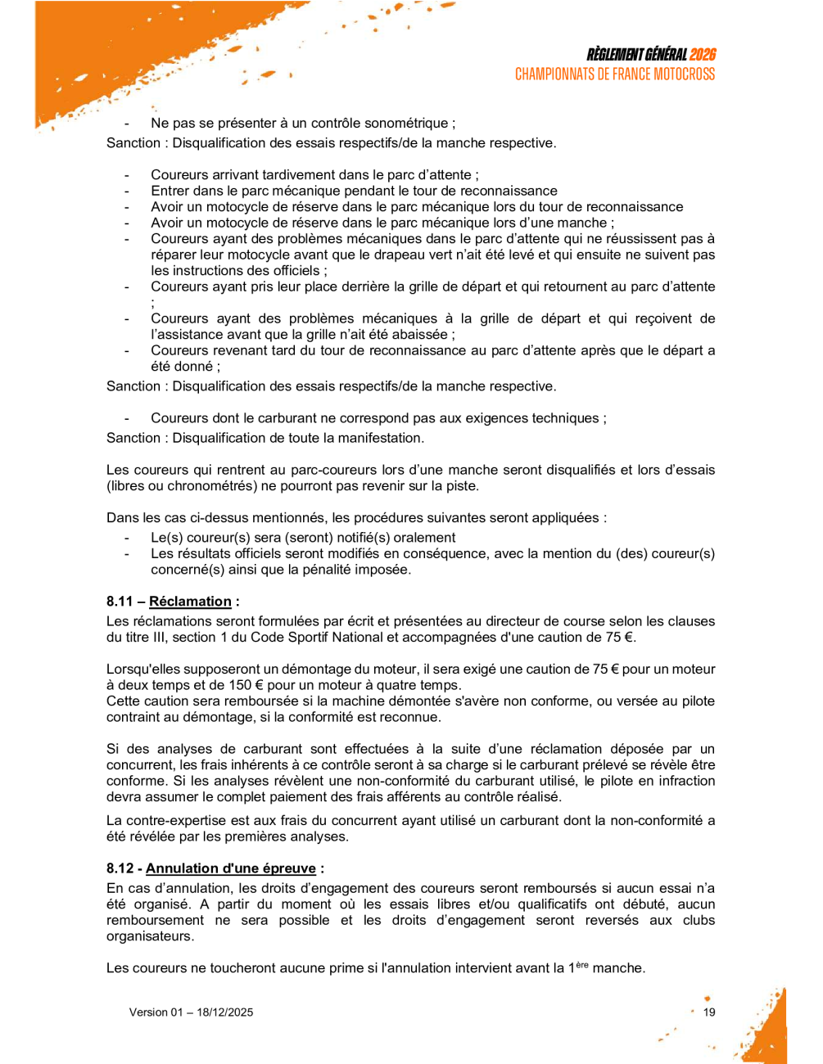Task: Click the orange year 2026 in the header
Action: click(x=702, y=55)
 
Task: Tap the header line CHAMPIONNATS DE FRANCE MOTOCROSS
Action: click(x=614, y=74)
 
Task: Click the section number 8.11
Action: click(x=120, y=602)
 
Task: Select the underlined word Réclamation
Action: click(x=190, y=602)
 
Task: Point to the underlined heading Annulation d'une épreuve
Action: click(x=230, y=868)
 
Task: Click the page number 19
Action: click(x=709, y=1012)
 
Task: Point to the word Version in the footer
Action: click(x=147, y=1012)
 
